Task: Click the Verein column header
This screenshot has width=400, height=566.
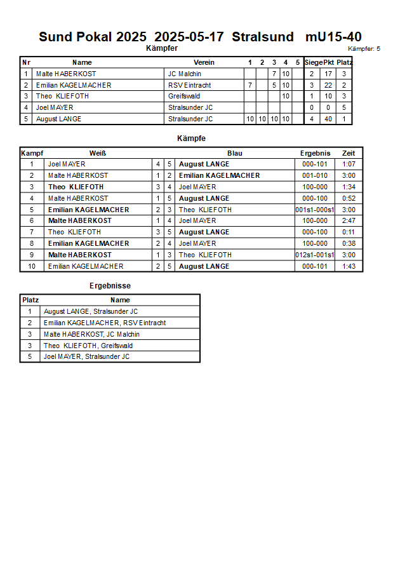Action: click(204, 62)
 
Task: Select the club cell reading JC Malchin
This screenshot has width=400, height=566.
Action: click(185, 74)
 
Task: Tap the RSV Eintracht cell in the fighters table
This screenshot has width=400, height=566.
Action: click(189, 85)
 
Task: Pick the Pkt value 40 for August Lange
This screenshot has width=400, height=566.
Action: click(328, 119)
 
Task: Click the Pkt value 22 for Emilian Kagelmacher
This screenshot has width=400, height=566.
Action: click(328, 85)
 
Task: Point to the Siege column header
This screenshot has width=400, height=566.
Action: click(313, 62)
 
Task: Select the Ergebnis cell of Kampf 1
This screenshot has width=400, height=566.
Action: click(315, 164)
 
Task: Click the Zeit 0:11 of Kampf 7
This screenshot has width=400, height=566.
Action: click(349, 232)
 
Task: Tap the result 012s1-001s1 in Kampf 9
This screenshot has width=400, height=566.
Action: click(315, 255)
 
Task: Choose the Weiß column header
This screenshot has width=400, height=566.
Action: click(97, 153)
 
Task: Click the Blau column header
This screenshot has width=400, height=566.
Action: click(234, 153)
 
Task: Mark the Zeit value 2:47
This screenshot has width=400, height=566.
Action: click(349, 220)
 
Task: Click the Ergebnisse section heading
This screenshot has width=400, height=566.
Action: click(110, 286)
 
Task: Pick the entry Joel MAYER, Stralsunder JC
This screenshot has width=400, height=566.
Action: click(86, 356)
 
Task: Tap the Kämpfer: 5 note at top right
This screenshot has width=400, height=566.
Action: click(364, 48)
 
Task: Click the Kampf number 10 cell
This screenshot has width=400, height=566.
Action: click(31, 266)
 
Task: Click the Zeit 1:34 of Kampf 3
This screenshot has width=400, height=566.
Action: click(349, 187)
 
